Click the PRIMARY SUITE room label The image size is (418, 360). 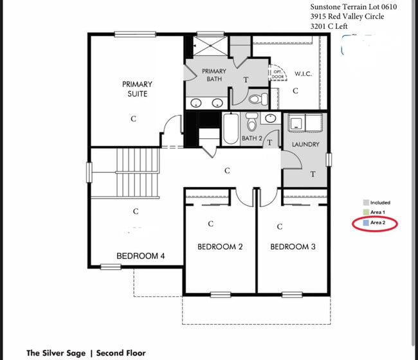[x=137, y=89]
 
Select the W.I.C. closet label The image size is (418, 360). [x=303, y=74]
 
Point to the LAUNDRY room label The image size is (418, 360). [x=305, y=145]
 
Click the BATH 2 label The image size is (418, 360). [x=251, y=138]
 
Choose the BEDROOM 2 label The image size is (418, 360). [x=219, y=247]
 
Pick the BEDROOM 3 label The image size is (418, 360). [x=292, y=247]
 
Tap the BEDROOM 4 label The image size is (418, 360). [x=140, y=256]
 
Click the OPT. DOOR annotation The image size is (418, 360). [x=278, y=75]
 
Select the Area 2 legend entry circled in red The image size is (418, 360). [x=376, y=222]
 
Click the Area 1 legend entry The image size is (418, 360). [x=376, y=212]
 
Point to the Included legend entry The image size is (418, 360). [x=378, y=203]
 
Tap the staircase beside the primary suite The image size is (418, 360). [x=136, y=173]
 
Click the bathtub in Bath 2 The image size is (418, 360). [x=231, y=128]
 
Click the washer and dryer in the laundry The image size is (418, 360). [x=305, y=123]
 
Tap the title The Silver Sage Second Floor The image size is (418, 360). [x=86, y=353]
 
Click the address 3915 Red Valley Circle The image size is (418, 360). [x=347, y=17]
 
